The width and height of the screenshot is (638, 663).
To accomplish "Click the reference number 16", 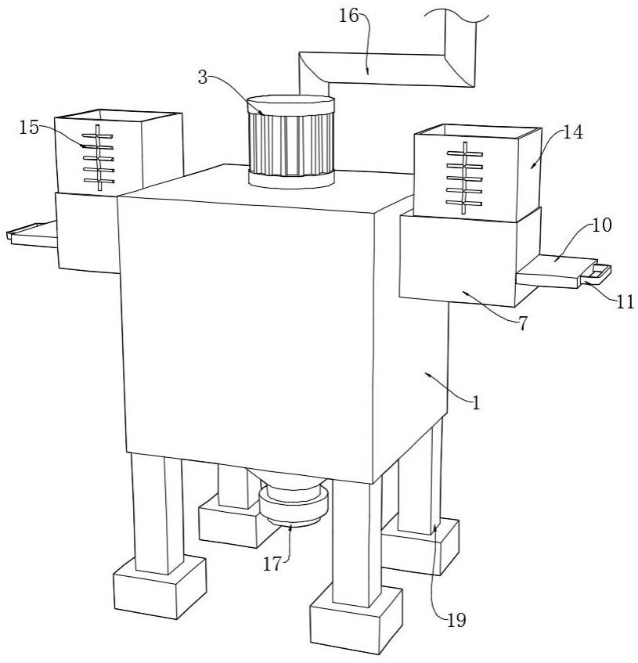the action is click(348, 16).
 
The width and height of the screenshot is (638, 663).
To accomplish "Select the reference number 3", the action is click(203, 77).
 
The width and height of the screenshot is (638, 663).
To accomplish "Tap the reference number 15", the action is click(29, 128).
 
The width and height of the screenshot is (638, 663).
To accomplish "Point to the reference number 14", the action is click(573, 132).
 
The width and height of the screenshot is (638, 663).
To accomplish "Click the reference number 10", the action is click(601, 225).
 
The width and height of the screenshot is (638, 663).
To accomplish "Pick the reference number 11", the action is click(625, 302).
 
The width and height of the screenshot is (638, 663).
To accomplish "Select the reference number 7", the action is click(523, 324).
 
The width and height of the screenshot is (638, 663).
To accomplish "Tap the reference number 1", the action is click(477, 403).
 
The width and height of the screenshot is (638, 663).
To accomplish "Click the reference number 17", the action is click(272, 564).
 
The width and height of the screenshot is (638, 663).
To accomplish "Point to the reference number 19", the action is click(456, 620).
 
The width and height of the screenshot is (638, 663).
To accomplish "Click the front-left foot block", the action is click(160, 588).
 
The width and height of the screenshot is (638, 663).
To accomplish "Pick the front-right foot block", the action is click(356, 619).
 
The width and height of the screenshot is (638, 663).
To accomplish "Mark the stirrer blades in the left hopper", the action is click(98, 157).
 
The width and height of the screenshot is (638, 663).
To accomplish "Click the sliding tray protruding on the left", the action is click(32, 234).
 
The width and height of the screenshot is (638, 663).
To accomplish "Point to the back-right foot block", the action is click(420, 546).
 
